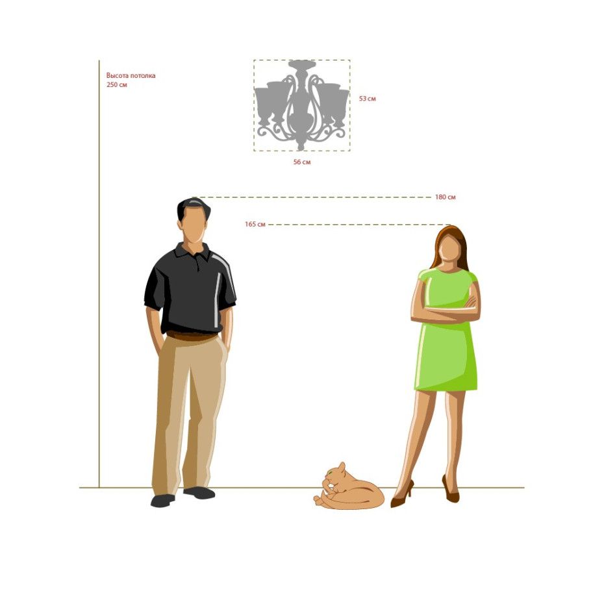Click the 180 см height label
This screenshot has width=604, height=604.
(x=446, y=197)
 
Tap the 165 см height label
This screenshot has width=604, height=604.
(x=255, y=224)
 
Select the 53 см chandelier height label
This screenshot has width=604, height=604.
(x=368, y=99)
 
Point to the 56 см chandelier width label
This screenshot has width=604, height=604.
(x=302, y=162)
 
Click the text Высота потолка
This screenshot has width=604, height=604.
(x=131, y=75)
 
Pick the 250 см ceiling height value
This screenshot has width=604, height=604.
(x=117, y=84)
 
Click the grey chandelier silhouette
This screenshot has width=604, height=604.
(x=301, y=105)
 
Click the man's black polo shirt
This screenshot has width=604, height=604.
(x=190, y=290)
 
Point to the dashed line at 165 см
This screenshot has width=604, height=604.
(x=359, y=224)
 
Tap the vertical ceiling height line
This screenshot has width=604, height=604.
(x=99, y=274)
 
